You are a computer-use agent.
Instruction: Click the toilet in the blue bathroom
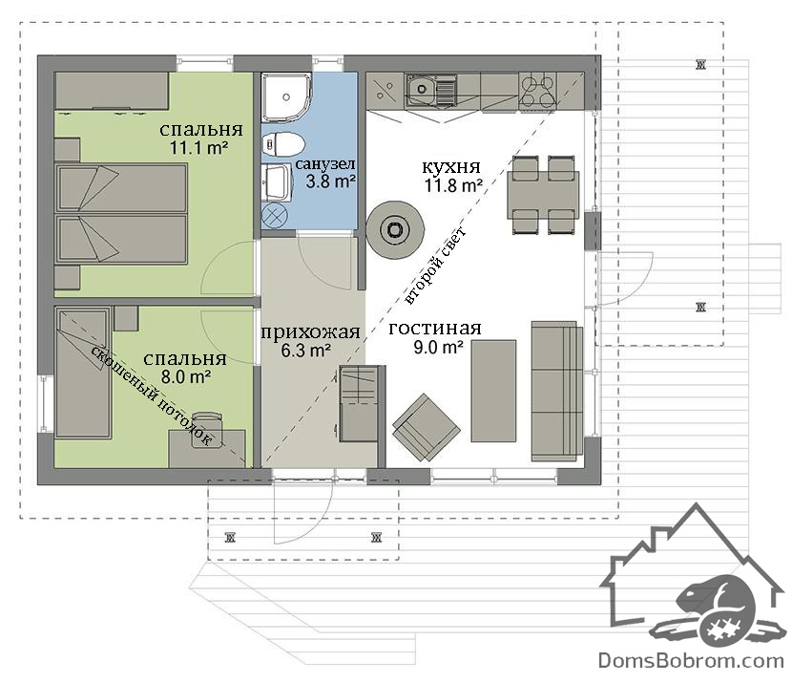coord(283,144)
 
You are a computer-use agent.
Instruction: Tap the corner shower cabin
coord(286,96)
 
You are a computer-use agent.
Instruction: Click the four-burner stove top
coord(538,90)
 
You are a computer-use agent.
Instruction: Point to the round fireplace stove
coord(394,229)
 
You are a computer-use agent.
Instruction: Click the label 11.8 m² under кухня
coord(452,185)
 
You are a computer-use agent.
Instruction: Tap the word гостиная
coord(435,330)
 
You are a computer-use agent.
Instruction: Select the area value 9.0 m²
coord(438,348)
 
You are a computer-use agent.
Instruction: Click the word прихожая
coord(310,332)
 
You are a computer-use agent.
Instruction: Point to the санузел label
coord(325,163)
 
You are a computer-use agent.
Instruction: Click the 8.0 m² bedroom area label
coord(186,376)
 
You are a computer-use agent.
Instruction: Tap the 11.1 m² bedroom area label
coord(199,148)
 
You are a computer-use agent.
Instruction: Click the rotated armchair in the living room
coord(427,427)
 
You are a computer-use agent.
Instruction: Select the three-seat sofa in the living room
coord(556,391)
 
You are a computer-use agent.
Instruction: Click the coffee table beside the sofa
coord(493,391)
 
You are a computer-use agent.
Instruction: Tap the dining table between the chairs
coord(543,195)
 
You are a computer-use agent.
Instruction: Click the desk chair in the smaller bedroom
coord(207,430)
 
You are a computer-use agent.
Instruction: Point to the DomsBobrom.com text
coord(691,660)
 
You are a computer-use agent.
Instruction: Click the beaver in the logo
coord(719,610)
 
